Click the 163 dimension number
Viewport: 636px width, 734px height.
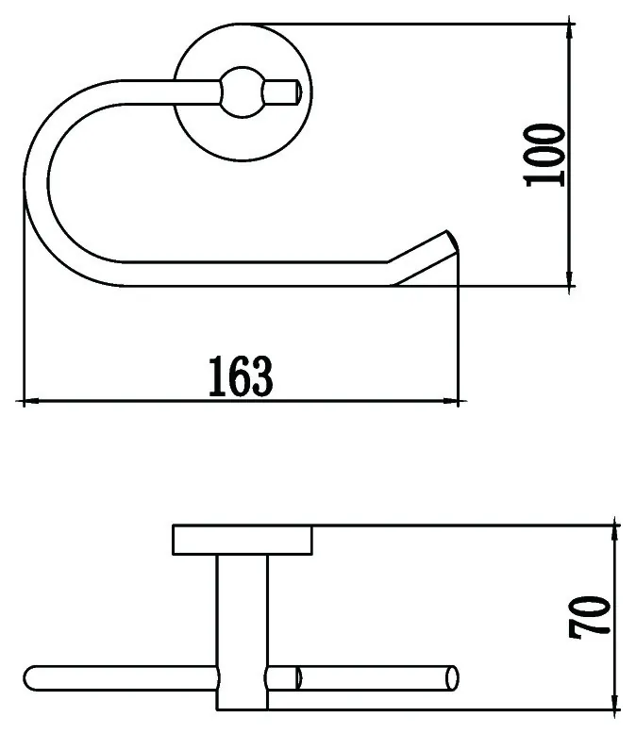click(x=241, y=376)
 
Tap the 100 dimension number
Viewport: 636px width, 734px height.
click(x=544, y=155)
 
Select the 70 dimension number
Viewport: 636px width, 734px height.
click(x=590, y=617)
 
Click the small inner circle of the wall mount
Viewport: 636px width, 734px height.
click(x=243, y=92)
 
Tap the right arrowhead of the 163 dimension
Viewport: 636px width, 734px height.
click(x=451, y=401)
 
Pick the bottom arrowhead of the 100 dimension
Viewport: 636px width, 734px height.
click(x=570, y=277)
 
